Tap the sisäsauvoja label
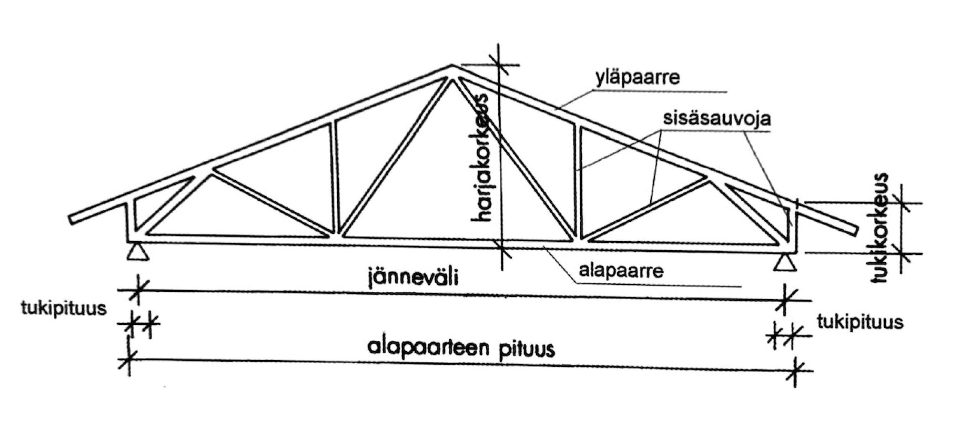(717, 118)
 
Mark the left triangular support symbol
(137, 252)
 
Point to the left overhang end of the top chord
(72, 219)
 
